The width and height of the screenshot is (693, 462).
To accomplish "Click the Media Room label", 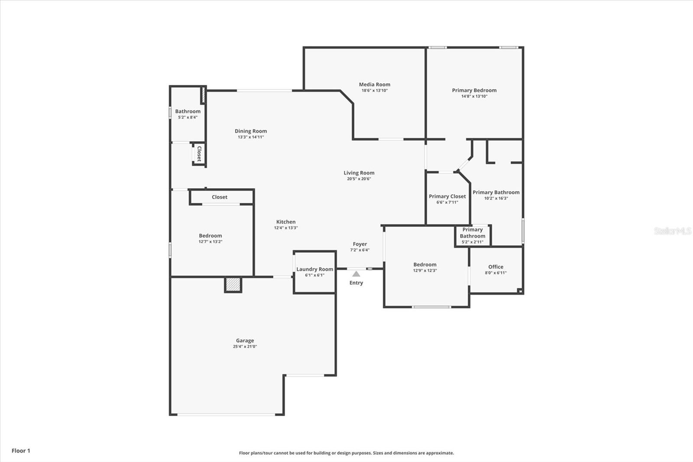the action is [374, 85].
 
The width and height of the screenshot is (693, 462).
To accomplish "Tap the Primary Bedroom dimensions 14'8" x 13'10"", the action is [474, 96].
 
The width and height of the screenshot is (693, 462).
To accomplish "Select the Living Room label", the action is [359, 173].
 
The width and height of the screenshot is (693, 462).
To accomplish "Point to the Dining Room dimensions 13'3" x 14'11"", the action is [251, 137].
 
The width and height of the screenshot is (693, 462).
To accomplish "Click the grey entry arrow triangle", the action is [356, 274].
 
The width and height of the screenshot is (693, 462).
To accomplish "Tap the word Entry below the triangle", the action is [356, 283].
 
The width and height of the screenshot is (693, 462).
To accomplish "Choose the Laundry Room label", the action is [314, 270].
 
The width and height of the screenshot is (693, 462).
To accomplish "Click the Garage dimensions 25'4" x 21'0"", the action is [245, 347].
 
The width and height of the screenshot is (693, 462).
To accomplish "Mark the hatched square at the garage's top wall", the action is [233, 285].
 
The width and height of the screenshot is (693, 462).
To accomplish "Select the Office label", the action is [495, 267].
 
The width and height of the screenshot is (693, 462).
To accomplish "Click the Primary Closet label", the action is [447, 196].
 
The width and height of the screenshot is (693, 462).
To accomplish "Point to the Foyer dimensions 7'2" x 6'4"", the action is [359, 250].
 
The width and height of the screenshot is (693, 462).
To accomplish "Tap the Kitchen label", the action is [286, 222].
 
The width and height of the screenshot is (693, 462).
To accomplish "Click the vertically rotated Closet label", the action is [199, 154].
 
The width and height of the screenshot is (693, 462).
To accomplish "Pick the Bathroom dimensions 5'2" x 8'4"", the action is [188, 117].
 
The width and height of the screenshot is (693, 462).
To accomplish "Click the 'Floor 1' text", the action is [21, 451].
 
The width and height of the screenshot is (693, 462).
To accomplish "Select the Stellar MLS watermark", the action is [672, 231].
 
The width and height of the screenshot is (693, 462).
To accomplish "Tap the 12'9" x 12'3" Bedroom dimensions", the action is [425, 270].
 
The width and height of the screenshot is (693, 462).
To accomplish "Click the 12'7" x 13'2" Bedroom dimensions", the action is [210, 241].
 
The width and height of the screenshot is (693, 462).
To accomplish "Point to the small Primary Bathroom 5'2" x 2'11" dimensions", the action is [473, 242].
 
